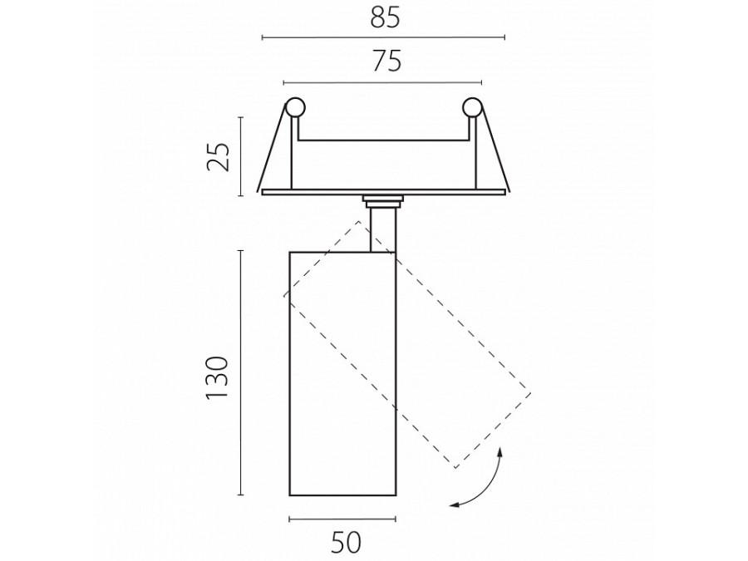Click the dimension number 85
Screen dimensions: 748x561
(385, 18)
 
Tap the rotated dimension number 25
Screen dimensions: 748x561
(219, 156)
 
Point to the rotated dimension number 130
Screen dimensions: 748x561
(218, 378)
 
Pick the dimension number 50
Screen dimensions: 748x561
(346, 543)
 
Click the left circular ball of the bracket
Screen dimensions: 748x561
(295, 108)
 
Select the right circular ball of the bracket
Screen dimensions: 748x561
(472, 108)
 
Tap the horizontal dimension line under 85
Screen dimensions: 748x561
(383, 37)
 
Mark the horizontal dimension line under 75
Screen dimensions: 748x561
(382, 82)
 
